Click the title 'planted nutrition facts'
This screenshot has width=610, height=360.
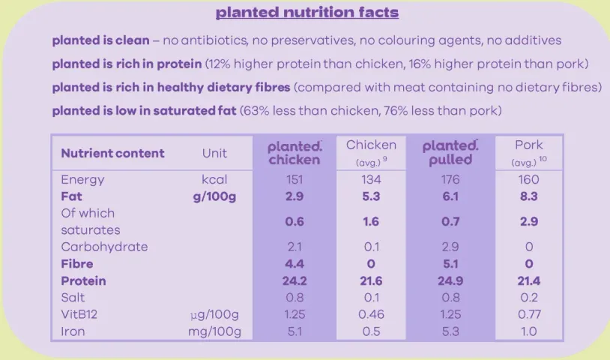[307, 13]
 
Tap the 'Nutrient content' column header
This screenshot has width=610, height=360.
[112, 153]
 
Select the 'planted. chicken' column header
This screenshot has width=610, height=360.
[295, 152]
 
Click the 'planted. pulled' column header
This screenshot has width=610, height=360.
[450, 152]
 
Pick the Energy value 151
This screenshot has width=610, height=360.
[295, 179]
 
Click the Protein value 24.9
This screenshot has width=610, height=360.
[450, 280]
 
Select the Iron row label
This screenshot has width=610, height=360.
[73, 331]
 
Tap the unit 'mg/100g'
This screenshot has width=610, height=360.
[214, 331]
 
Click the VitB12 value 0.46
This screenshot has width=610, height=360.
[371, 314]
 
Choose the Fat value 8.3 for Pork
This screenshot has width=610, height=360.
[529, 196]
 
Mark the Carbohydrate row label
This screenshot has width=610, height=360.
[104, 247]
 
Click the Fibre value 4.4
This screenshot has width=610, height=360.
[295, 264]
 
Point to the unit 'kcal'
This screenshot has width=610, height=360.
[214, 179]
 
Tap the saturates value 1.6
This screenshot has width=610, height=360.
[371, 221]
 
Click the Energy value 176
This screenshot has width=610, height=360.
[450, 179]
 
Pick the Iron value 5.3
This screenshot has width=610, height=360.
[450, 331]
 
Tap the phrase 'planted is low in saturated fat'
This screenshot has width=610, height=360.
[144, 111]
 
